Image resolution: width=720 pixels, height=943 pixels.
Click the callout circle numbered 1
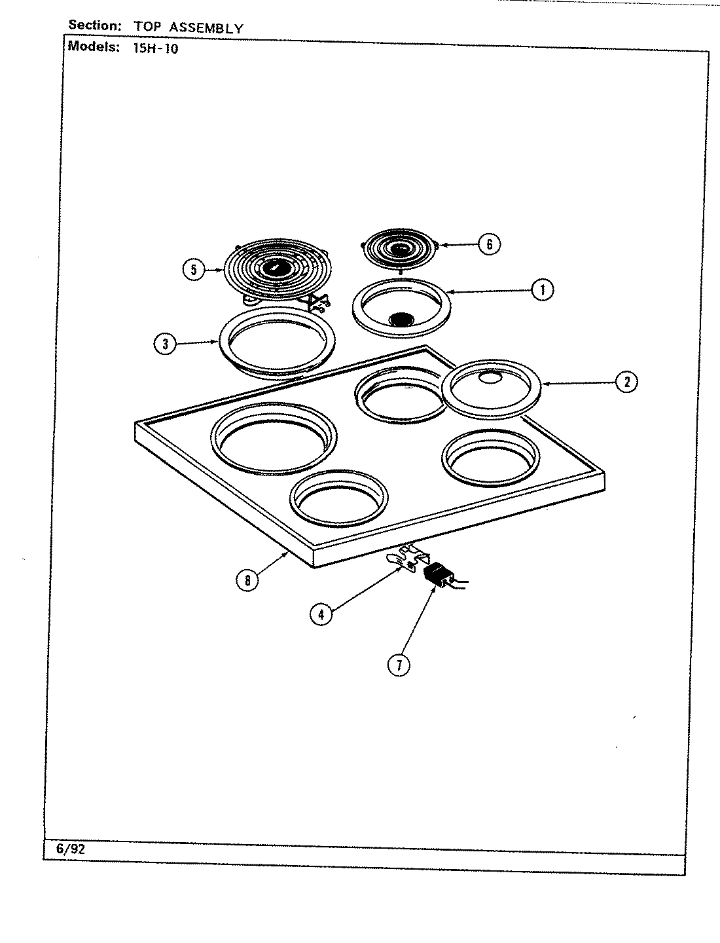pyautogui.click(x=542, y=289)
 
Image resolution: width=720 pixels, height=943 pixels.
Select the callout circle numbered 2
pyautogui.click(x=626, y=382)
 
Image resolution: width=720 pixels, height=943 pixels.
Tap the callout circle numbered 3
pyautogui.click(x=165, y=344)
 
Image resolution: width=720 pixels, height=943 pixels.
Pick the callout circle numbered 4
pyautogui.click(x=321, y=614)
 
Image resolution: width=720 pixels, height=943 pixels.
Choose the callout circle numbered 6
pyautogui.click(x=488, y=244)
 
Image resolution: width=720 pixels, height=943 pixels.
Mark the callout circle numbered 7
pyautogui.click(x=398, y=665)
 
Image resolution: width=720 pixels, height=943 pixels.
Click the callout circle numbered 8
pyautogui.click(x=247, y=580)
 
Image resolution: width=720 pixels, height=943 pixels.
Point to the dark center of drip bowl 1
pyautogui.click(x=401, y=319)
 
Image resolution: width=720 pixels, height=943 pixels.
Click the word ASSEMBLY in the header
pyautogui.click(x=206, y=28)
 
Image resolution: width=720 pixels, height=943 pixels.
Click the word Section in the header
pyautogui.click(x=95, y=26)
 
